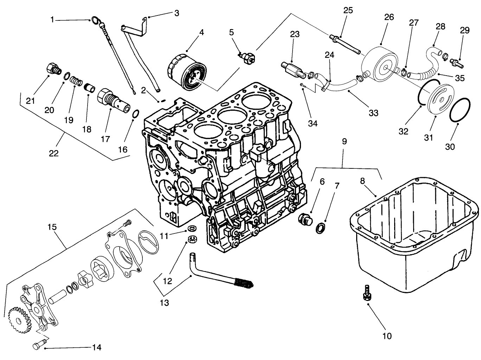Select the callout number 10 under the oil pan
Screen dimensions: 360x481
386,336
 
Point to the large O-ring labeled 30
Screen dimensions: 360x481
458,110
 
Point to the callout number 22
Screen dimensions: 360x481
54,153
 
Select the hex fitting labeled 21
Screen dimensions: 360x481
52,68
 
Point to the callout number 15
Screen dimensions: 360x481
52,227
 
